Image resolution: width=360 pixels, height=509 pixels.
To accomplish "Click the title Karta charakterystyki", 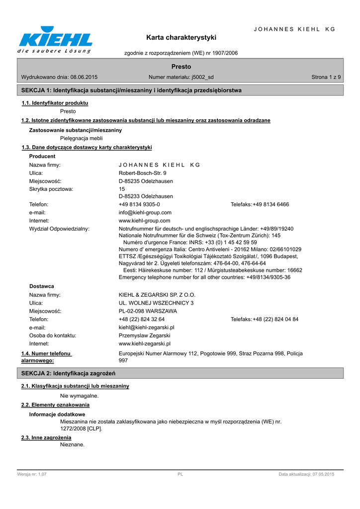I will pos(181,37).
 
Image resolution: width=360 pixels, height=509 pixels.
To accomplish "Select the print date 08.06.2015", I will pos(84,77).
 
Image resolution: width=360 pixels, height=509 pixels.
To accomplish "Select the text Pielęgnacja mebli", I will pos(82,138).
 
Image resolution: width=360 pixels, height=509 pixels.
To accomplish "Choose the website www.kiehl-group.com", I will pos(145,220).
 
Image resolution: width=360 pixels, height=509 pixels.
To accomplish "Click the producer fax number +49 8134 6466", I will pos(270,204).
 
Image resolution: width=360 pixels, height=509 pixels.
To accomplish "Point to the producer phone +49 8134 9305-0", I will pos(139,204).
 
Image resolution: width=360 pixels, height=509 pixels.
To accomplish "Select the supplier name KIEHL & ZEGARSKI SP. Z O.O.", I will pos(157,295).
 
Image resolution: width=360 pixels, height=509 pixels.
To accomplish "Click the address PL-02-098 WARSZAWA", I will pos(148,311).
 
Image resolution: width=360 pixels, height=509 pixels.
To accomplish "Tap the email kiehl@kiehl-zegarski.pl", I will pos(147,328).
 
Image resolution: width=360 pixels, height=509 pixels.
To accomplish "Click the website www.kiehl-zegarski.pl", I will pos(145,343).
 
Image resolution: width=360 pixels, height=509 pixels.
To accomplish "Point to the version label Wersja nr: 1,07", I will pos(32,475).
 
